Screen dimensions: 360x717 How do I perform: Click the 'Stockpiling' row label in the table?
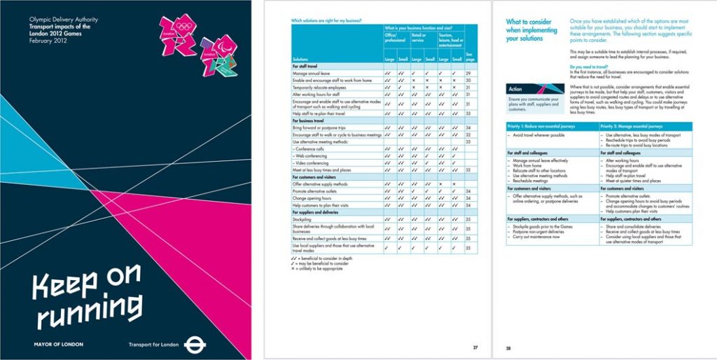[x=302, y=219]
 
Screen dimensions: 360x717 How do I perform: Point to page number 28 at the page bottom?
[x=509, y=347]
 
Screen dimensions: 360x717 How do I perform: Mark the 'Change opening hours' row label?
[x=312, y=198]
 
